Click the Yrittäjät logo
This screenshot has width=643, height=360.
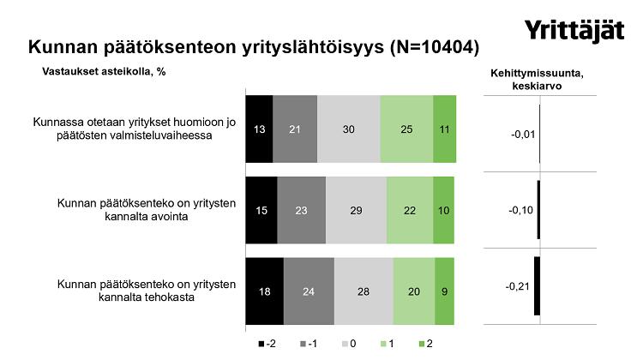click(575, 32)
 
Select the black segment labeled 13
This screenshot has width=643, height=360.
click(259, 129)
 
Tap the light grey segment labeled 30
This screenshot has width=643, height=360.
click(348, 129)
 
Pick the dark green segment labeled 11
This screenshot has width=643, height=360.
click(444, 129)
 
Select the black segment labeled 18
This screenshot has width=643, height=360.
click(264, 291)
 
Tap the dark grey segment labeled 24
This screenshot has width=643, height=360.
click(309, 291)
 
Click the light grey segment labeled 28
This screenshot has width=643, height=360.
click(364, 291)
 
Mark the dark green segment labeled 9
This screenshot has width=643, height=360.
click(445, 291)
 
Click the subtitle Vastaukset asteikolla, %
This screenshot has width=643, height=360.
click(104, 72)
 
